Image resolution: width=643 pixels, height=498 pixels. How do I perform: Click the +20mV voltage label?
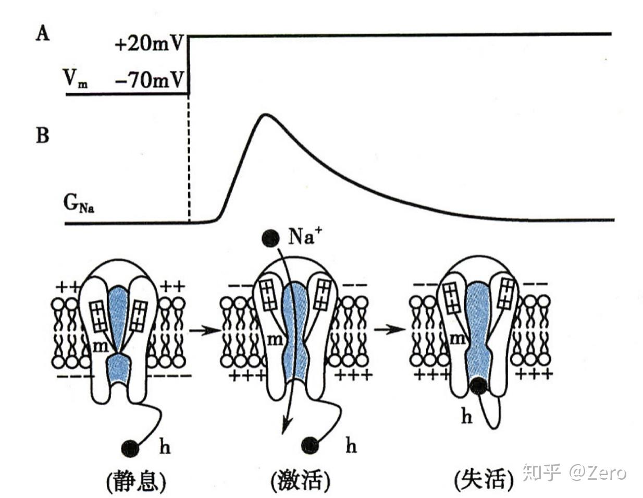pyautogui.click(x=149, y=44)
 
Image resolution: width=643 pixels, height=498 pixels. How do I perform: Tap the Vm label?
pyautogui.click(x=75, y=79)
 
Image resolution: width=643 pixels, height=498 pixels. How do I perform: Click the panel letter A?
pyautogui.click(x=43, y=34)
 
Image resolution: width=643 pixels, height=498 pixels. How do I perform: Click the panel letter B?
pyautogui.click(x=43, y=136)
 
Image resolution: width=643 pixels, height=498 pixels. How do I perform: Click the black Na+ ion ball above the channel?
pyautogui.click(x=270, y=238)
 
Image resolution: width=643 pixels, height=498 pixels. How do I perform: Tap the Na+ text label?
pyautogui.click(x=305, y=237)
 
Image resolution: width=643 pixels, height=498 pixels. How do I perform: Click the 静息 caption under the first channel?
pyautogui.click(x=137, y=480)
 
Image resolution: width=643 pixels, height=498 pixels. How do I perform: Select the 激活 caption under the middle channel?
pyautogui.click(x=301, y=480)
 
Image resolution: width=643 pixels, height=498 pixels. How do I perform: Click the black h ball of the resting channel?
pyautogui.click(x=130, y=447)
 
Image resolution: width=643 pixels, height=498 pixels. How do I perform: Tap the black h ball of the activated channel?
pyautogui.click(x=311, y=445)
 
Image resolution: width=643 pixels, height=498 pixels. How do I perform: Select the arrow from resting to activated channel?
pyautogui.click(x=204, y=330)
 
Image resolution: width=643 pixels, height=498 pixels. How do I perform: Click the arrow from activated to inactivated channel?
pyautogui.click(x=389, y=330)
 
